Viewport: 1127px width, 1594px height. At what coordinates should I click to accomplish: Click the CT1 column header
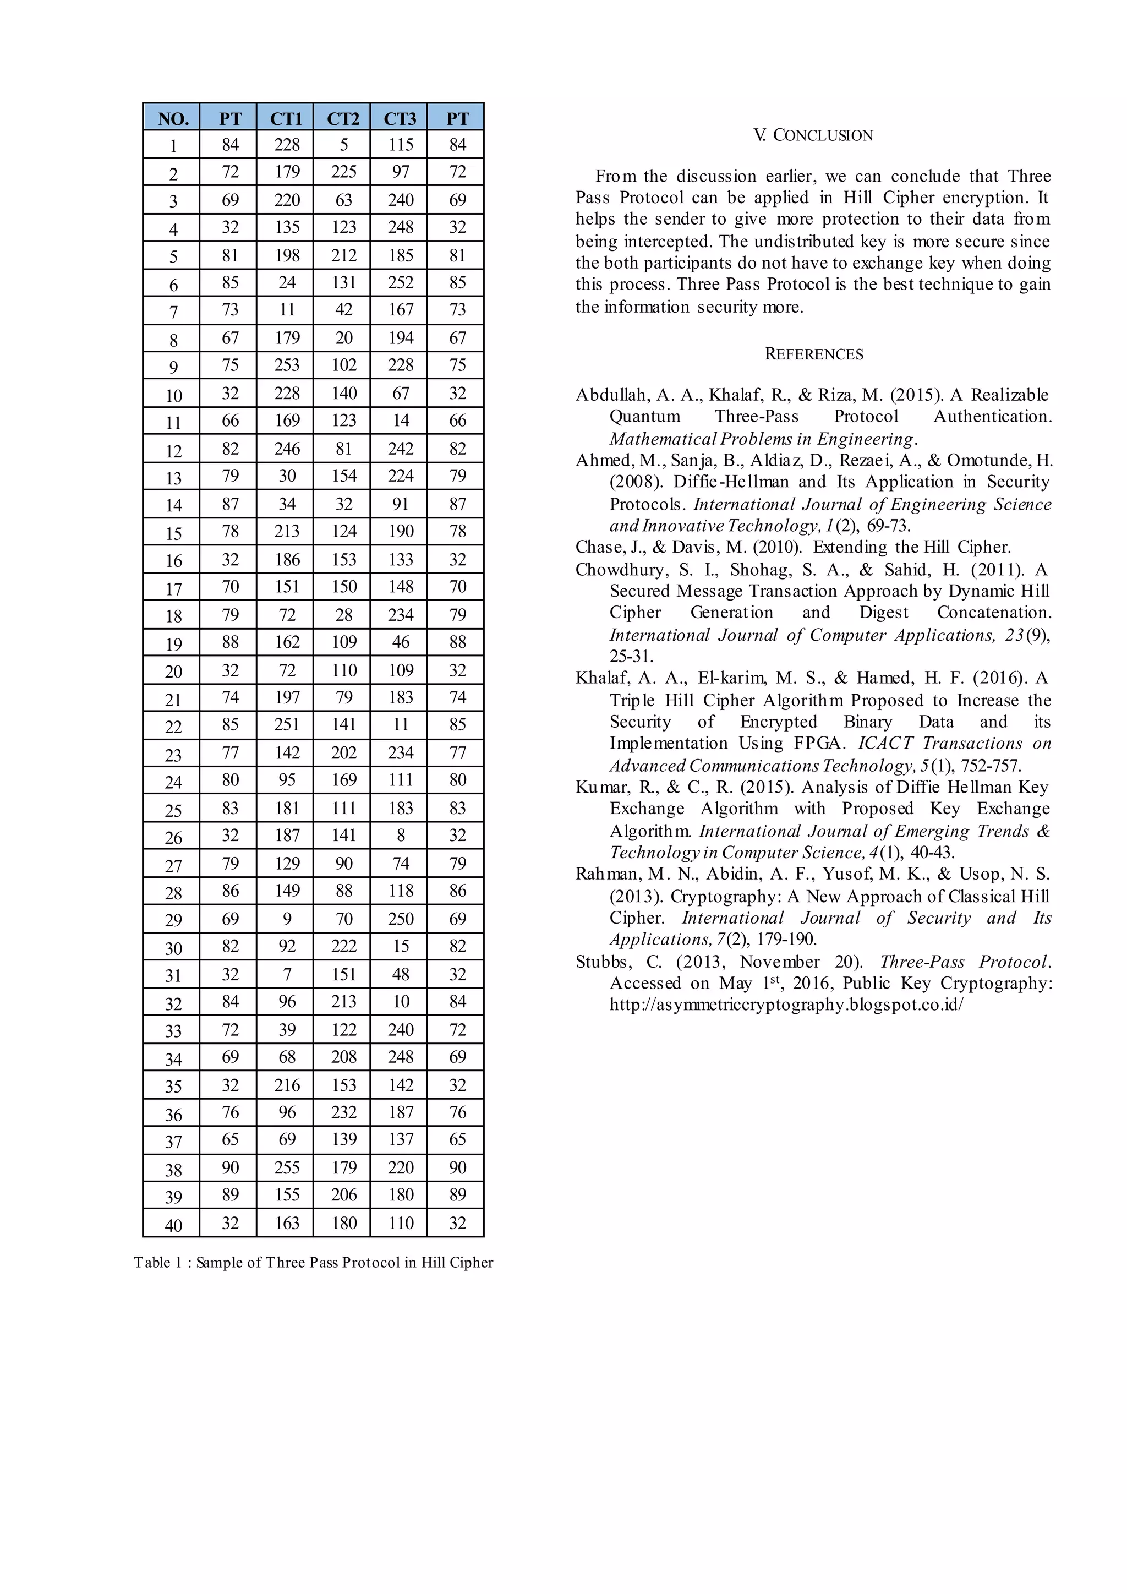[x=286, y=119]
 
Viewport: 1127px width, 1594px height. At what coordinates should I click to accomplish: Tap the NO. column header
[x=173, y=119]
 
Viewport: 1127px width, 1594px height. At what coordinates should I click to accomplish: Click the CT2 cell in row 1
[x=343, y=145]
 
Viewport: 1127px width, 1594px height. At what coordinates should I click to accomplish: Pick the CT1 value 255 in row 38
[x=287, y=1167]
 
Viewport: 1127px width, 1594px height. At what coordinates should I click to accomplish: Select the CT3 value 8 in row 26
[x=401, y=835]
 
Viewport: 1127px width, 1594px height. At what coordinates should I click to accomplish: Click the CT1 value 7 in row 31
[x=287, y=974]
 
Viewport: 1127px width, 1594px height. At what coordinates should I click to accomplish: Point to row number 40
[x=173, y=1225]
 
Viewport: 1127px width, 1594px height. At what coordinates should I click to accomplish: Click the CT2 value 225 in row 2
[x=343, y=172]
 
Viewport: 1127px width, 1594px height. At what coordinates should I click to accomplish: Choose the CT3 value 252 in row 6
[x=401, y=282]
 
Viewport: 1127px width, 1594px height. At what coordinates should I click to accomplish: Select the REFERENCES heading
[x=813, y=354]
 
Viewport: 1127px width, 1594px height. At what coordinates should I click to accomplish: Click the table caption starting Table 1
[x=313, y=1262]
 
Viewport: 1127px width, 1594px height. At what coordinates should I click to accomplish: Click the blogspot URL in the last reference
[x=786, y=1005]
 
